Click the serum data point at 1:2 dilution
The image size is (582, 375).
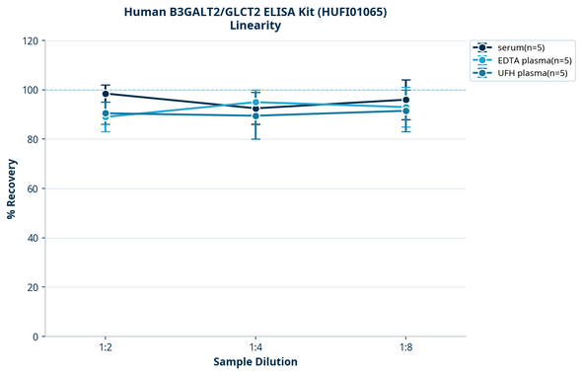(x=106, y=94)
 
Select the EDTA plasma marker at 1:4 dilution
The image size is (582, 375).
(x=256, y=103)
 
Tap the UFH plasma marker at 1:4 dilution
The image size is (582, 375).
(x=256, y=115)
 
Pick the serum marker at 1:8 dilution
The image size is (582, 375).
(x=406, y=100)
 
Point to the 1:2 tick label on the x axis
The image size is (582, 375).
(x=106, y=348)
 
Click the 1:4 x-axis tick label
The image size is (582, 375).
(x=256, y=348)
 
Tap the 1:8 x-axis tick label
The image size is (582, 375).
(x=406, y=348)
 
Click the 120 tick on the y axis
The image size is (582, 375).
(x=31, y=41)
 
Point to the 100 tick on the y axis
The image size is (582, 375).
(x=31, y=91)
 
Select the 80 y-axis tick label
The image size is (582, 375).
(x=34, y=140)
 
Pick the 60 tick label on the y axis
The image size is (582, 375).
(x=34, y=188)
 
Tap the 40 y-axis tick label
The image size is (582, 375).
(x=34, y=238)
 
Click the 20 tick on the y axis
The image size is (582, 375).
(x=34, y=287)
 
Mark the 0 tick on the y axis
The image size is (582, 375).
(x=36, y=337)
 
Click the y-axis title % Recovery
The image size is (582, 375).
(x=12, y=188)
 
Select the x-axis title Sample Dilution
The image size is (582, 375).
(x=255, y=362)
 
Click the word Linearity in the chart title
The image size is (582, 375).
(x=255, y=26)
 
